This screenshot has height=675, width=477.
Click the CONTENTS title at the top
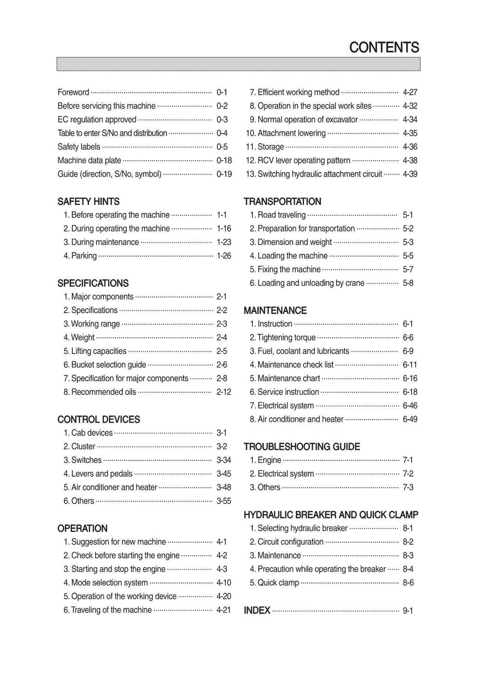tap(384, 48)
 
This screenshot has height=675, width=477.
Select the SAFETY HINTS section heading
tap(89, 202)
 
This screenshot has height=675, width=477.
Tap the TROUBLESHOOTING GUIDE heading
tap(302, 447)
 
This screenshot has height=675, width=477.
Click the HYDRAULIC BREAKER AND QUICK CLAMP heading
tap(331, 515)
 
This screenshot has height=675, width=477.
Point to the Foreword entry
tap(73, 92)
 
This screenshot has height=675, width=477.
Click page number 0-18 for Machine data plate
tap(224, 161)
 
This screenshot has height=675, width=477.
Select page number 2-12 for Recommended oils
tap(224, 392)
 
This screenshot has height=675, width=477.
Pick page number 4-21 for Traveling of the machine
tap(224, 610)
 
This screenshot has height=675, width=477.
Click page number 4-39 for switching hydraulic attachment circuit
tap(410, 174)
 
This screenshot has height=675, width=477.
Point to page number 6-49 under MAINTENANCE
tap(410, 419)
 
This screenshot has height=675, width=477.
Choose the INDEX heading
tap(257, 610)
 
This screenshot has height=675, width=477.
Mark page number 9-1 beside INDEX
tap(408, 611)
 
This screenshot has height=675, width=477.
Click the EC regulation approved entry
tap(97, 120)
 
